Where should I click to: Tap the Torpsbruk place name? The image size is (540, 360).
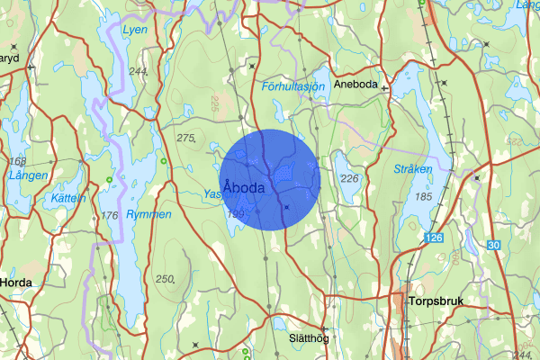tap(435, 302)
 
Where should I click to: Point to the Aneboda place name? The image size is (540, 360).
tap(356, 84)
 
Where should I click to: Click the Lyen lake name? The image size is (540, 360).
tap(133, 30)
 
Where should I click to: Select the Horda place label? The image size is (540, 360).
tap(16, 282)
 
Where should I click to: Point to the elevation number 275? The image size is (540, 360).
tap(186, 138)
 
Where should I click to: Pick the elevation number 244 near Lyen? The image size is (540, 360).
tap(139, 71)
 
